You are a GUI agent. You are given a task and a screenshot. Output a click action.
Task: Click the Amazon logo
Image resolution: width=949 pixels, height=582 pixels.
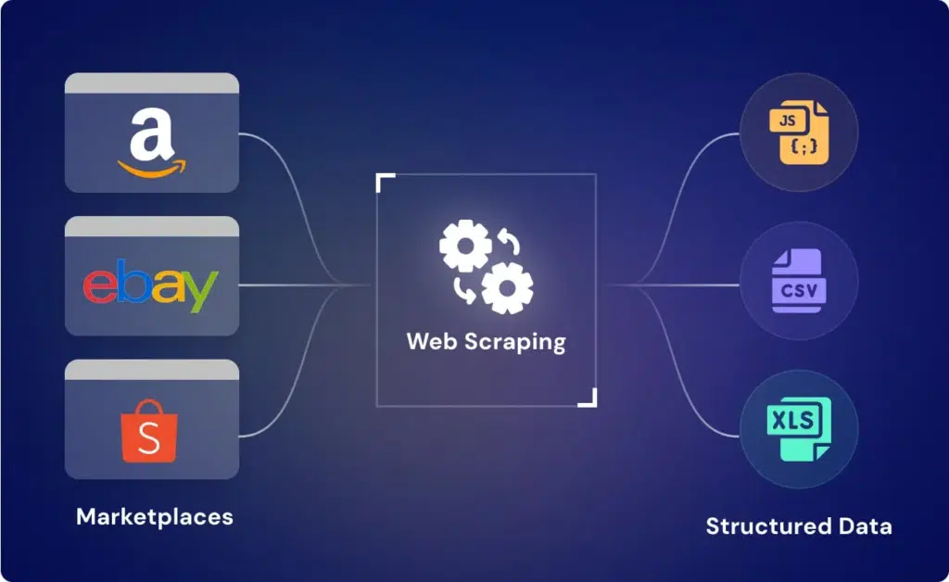click(x=151, y=143)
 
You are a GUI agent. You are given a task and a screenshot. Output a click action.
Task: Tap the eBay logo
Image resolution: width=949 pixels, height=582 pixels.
click(x=151, y=286)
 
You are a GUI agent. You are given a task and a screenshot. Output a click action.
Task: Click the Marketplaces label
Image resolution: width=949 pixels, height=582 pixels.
click(x=155, y=516)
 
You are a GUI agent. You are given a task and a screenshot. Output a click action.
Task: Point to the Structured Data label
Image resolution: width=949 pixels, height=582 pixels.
click(x=799, y=526)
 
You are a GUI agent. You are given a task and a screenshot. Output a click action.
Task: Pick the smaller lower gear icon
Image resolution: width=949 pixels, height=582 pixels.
click(x=507, y=288)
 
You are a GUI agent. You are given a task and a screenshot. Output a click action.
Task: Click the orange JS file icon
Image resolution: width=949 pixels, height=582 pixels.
click(x=799, y=133)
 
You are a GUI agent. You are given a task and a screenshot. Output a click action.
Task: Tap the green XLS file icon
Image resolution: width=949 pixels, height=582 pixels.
click(x=799, y=429)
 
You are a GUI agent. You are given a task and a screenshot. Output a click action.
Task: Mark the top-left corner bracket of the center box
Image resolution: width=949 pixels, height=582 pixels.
click(x=384, y=181)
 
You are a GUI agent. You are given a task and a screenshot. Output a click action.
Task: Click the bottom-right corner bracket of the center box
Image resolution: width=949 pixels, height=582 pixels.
click(x=588, y=399)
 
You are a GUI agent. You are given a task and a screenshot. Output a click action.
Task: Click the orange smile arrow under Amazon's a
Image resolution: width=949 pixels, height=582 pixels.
click(x=151, y=168)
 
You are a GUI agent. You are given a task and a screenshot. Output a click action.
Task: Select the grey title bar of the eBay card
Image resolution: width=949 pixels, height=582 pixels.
click(x=151, y=225)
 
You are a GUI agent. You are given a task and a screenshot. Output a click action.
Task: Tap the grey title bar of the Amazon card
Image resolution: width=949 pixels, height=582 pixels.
click(x=151, y=82)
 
